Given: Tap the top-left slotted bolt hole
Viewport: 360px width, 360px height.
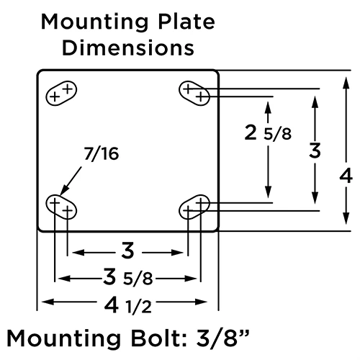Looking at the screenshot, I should pos(61,93).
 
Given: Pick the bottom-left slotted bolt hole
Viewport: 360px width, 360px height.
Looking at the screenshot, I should pos(61,207).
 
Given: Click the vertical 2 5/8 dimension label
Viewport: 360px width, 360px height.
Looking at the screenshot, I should pos(267,134).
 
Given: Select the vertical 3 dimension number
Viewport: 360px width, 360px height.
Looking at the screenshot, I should pos(314,151).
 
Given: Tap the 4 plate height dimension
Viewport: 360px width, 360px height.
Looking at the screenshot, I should pos(346,175).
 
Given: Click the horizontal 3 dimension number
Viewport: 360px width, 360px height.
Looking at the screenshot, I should pos(127,251).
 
